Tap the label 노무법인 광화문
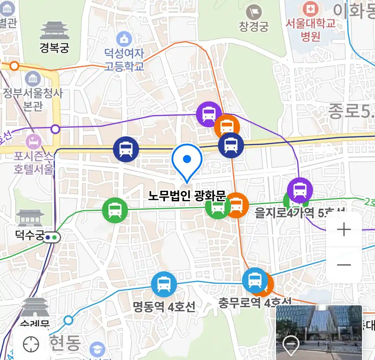click(x=187, y=196)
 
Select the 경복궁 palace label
click(x=54, y=48)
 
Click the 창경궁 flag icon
click(x=254, y=13)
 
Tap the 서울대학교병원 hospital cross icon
click(x=310, y=9)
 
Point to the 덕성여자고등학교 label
click(x=124, y=59)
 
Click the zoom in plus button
click(x=344, y=230)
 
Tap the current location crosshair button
click(x=31, y=344)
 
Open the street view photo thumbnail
click(x=319, y=332)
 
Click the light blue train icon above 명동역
click(x=164, y=284)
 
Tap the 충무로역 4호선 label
click(x=255, y=303)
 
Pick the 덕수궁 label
click(x=30, y=235)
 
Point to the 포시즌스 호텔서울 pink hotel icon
click(x=34, y=142)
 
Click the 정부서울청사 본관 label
click(x=33, y=99)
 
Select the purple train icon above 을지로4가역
click(x=300, y=190)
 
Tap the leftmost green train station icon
click(x=115, y=210)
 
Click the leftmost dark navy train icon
click(x=126, y=149)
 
